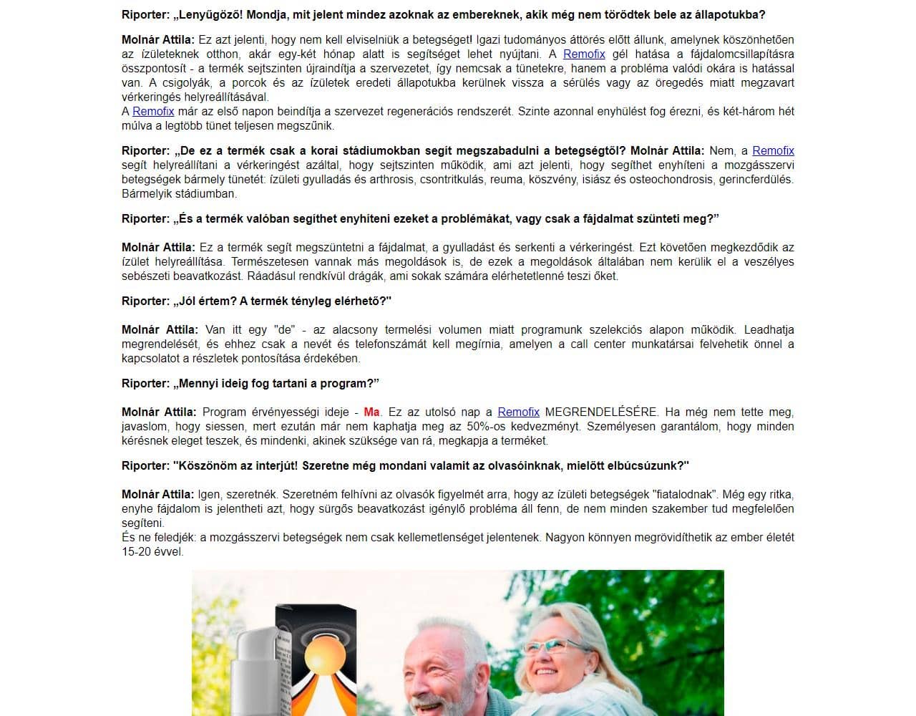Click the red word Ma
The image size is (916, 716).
click(x=371, y=412)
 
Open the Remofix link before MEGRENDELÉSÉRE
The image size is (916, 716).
click(x=518, y=412)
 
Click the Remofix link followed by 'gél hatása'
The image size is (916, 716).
click(x=584, y=54)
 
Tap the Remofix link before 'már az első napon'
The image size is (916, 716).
click(x=153, y=111)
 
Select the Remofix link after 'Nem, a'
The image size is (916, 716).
click(x=773, y=150)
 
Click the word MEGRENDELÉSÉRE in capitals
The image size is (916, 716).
click(x=601, y=412)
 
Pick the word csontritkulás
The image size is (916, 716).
click(x=449, y=179)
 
